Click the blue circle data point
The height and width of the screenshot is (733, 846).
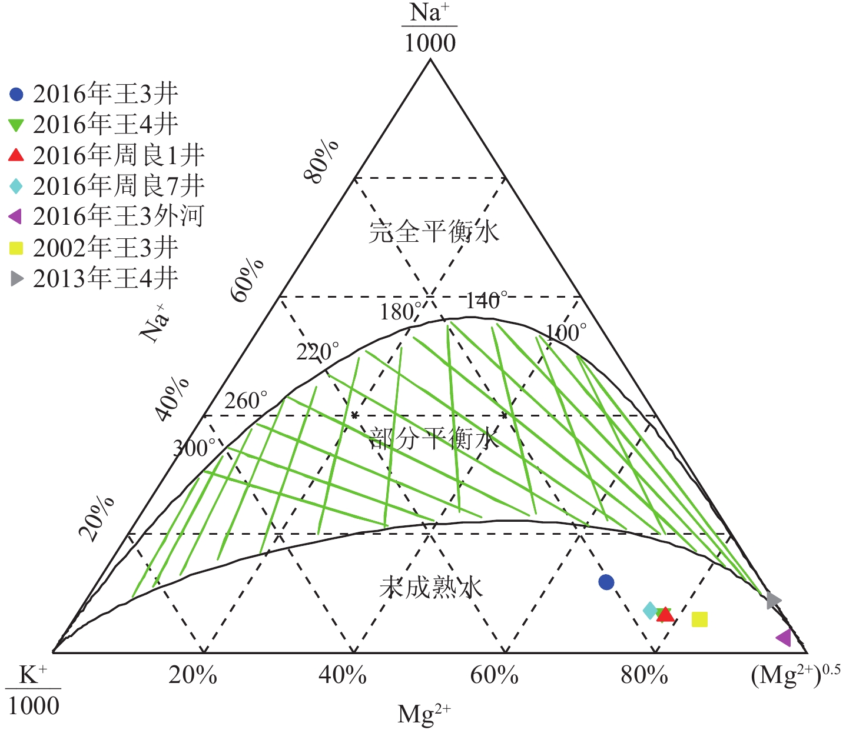[x=606, y=582]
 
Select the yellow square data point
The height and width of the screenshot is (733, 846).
[x=699, y=619]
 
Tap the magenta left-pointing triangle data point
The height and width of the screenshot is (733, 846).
[x=784, y=638]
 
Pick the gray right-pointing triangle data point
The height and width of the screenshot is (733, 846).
[x=774, y=601]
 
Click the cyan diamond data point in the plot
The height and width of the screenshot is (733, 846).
[x=649, y=611]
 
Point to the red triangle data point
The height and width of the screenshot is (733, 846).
[x=665, y=615]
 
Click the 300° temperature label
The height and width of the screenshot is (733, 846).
[x=194, y=448]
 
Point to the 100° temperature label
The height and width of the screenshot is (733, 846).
[x=566, y=333]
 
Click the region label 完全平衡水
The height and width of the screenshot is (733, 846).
[x=434, y=231]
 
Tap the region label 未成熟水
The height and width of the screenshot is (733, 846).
[x=432, y=587]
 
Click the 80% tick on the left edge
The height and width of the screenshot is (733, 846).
[x=321, y=162]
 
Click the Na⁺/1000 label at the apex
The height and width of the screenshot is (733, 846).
[x=430, y=28]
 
